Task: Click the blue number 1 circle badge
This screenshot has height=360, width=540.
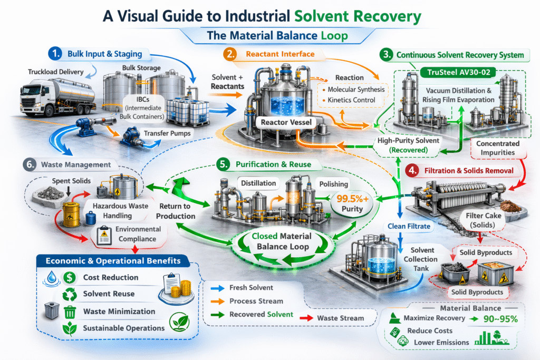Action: [x=54, y=54]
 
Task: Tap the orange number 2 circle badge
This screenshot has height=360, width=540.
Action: [x=229, y=54]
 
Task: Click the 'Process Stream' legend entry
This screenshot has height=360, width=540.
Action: [x=253, y=301]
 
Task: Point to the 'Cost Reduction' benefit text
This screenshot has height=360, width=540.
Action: [x=111, y=277]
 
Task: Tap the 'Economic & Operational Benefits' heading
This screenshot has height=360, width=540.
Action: [x=113, y=261]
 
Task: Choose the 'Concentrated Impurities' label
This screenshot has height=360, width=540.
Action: [x=497, y=148]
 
